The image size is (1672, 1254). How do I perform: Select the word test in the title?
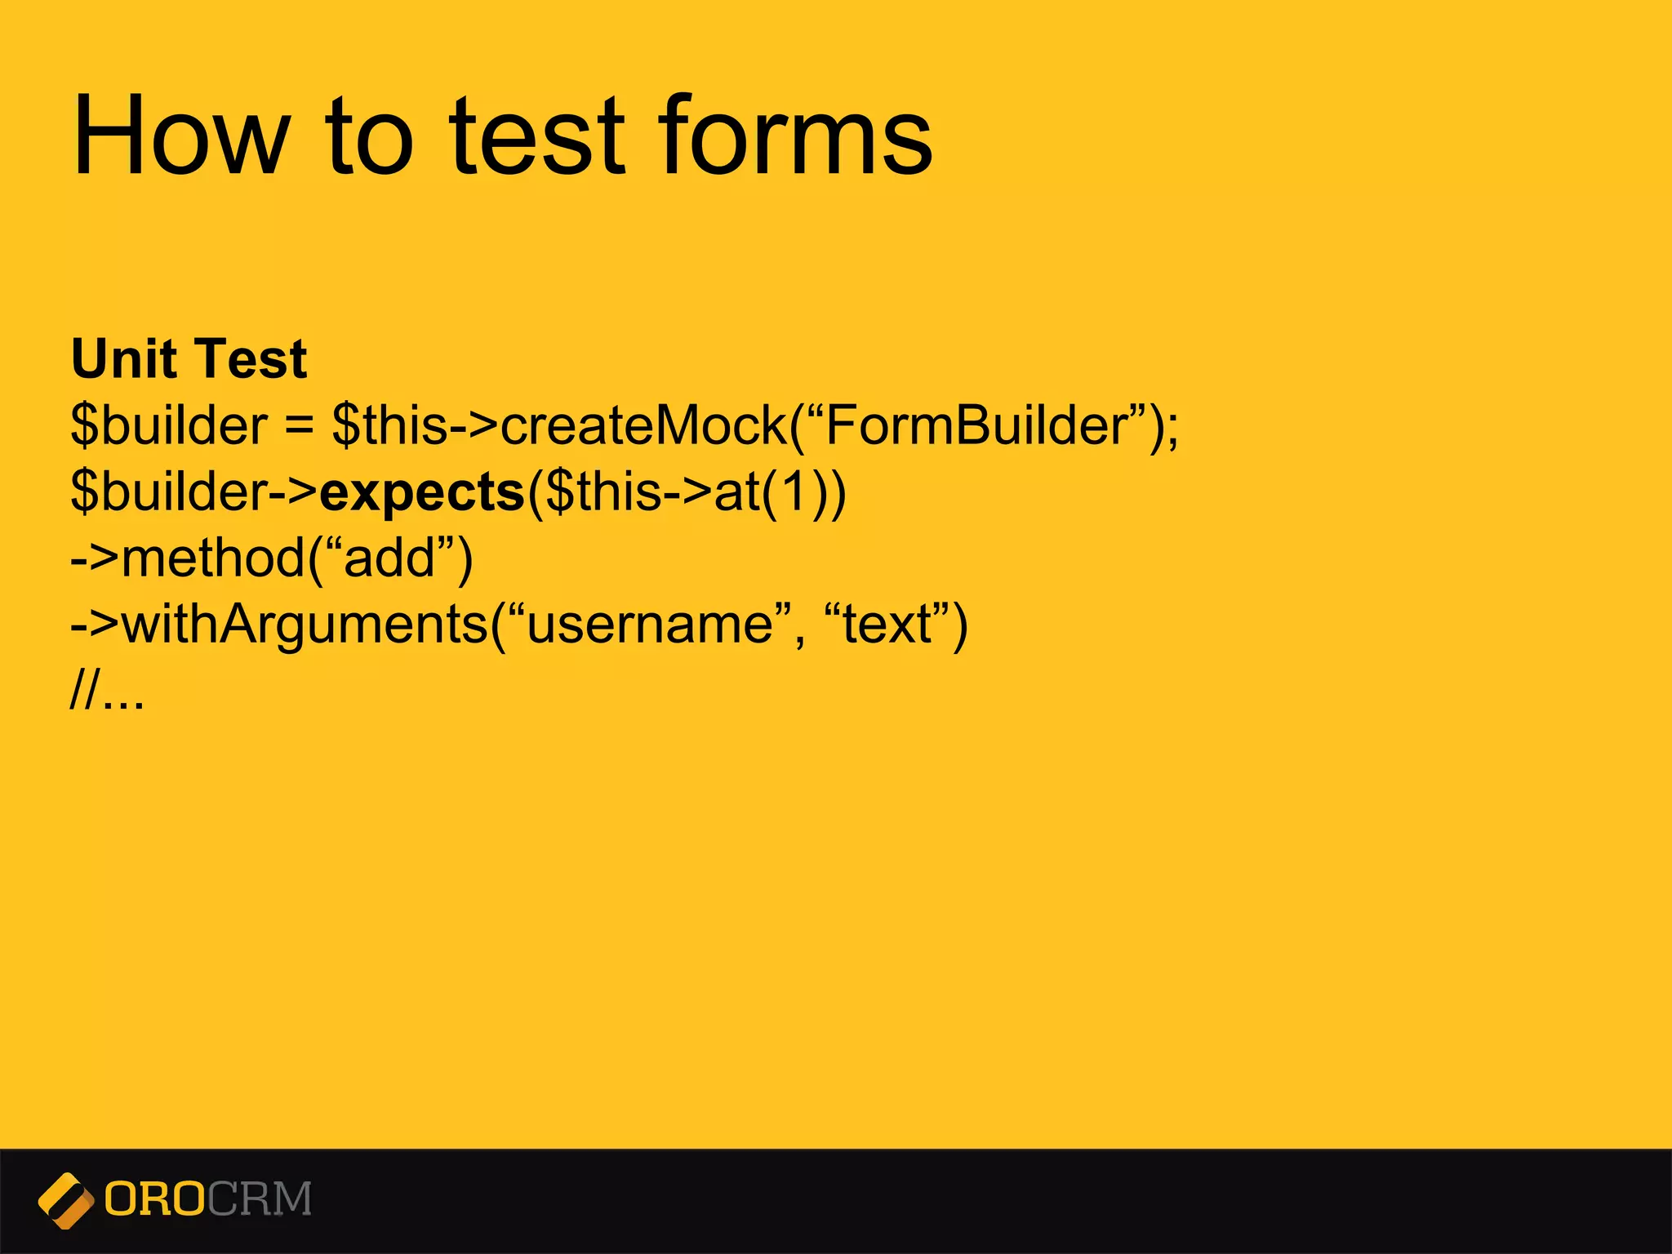click(538, 136)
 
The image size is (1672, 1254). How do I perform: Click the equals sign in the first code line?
click(300, 427)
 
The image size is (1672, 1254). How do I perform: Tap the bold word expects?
click(422, 493)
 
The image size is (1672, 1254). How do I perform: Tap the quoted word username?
click(650, 626)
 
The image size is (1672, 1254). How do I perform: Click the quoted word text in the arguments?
click(887, 626)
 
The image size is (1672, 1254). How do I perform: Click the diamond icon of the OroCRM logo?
click(65, 1200)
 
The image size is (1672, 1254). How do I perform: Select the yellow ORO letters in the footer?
click(154, 1199)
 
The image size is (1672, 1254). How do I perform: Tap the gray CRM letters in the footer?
click(260, 1199)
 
